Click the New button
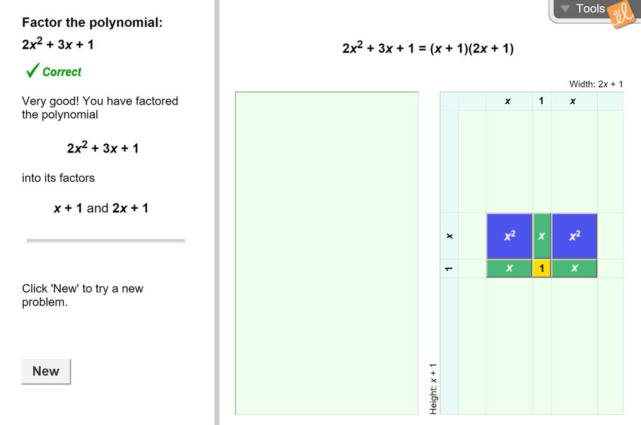pyautogui.click(x=46, y=371)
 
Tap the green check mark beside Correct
pyautogui.click(x=33, y=70)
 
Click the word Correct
pyautogui.click(x=62, y=72)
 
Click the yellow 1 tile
pyautogui.click(x=541, y=268)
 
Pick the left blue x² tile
pyautogui.click(x=510, y=236)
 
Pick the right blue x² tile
pyautogui.click(x=575, y=236)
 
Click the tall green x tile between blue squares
pyautogui.click(x=541, y=236)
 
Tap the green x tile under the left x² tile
pyautogui.click(x=510, y=268)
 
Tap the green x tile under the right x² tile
pyautogui.click(x=575, y=268)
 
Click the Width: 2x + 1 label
pyautogui.click(x=596, y=84)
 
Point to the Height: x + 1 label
pyautogui.click(x=433, y=389)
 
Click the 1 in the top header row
pyautogui.click(x=541, y=101)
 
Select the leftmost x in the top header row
pyautogui.click(x=508, y=101)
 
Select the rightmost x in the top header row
pyautogui.click(x=573, y=101)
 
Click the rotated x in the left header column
pyautogui.click(x=449, y=236)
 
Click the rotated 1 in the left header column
pyautogui.click(x=449, y=269)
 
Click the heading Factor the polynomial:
pyautogui.click(x=93, y=22)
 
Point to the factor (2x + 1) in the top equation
pyautogui.click(x=491, y=49)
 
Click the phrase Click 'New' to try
pyautogui.click(x=83, y=289)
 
